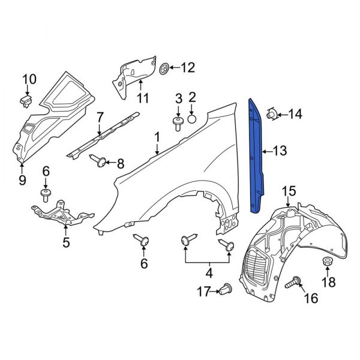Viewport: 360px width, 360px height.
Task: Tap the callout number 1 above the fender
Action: click(x=157, y=138)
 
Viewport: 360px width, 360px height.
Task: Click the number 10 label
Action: click(x=29, y=79)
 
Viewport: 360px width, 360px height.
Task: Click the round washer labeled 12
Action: click(x=167, y=68)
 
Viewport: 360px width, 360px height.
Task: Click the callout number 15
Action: click(x=289, y=191)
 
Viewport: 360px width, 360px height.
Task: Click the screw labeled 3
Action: click(x=178, y=124)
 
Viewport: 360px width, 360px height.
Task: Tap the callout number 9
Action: click(x=22, y=179)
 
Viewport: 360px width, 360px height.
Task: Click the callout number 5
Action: click(x=66, y=242)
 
